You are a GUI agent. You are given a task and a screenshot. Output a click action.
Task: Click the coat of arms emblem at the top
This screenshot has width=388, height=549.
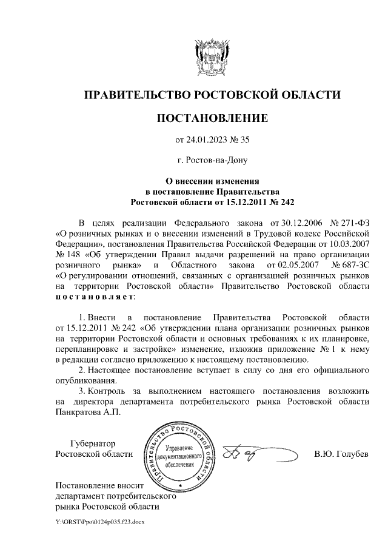click(x=212, y=57)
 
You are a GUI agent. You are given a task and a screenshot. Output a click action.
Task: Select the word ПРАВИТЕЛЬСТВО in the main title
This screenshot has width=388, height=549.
click(x=136, y=95)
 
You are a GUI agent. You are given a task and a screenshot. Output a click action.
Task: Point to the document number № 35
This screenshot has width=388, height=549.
click(x=239, y=140)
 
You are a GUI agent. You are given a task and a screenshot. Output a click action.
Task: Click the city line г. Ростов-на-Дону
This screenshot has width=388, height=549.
click(x=212, y=161)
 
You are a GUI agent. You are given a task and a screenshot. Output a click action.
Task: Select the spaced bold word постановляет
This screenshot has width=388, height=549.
click(x=95, y=298)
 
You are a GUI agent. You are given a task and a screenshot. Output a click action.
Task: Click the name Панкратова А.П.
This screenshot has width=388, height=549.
click(x=88, y=411)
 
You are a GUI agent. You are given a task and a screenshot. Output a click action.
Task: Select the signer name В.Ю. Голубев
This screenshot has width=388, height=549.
click(x=341, y=454)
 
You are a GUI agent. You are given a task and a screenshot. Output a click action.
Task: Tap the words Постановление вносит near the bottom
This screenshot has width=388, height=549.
click(x=98, y=485)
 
